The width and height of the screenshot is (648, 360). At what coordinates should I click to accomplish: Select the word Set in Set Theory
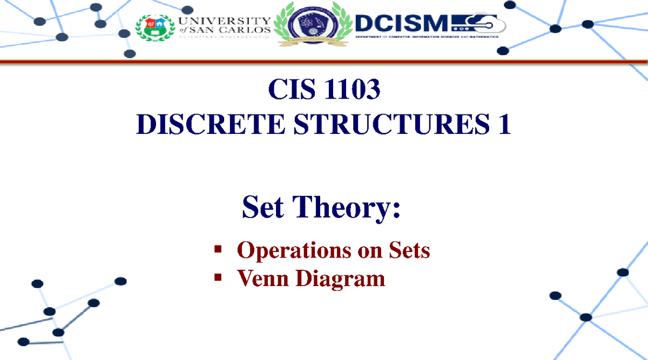tap(264, 208)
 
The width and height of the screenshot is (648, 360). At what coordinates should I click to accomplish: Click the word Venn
tap(262, 279)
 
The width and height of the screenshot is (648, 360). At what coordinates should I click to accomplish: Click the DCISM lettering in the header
tap(403, 23)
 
